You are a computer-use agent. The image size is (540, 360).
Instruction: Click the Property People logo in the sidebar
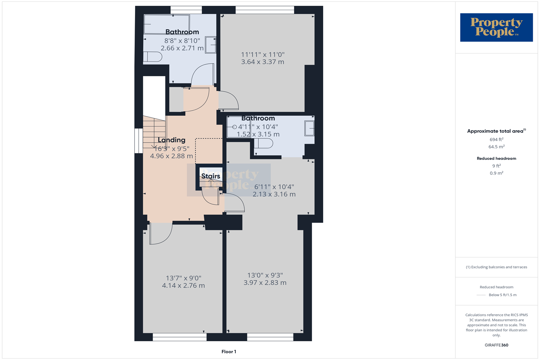(x=496, y=27)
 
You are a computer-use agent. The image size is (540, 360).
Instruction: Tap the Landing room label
(x=172, y=140)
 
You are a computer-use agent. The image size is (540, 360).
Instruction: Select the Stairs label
(x=211, y=176)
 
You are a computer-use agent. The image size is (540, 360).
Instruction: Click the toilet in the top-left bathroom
(x=153, y=57)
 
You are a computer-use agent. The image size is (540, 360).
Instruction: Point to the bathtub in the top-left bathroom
(x=167, y=24)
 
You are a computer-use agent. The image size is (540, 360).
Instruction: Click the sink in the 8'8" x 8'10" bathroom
(x=211, y=45)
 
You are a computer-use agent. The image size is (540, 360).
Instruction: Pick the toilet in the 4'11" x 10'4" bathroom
(x=264, y=143)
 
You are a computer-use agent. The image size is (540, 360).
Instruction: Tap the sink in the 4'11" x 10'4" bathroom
(x=309, y=128)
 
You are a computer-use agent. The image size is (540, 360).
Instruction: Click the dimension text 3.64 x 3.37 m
(x=262, y=62)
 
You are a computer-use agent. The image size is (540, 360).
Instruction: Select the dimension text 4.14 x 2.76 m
(x=183, y=285)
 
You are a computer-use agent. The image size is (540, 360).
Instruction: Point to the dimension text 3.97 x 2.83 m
(x=265, y=283)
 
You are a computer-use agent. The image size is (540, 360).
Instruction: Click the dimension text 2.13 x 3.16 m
(x=274, y=194)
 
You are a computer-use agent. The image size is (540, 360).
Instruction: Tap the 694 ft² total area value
(x=496, y=139)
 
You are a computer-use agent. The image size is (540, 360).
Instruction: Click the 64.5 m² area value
(x=496, y=147)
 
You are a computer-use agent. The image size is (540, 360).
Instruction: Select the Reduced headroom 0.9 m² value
(x=496, y=173)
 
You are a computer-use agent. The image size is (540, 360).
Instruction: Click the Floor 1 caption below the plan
(x=229, y=352)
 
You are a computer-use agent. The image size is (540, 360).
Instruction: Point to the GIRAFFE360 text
(x=496, y=345)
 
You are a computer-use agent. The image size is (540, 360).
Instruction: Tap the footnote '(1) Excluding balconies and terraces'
(x=496, y=267)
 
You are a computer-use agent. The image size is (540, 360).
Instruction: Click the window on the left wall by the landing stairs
(x=139, y=141)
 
